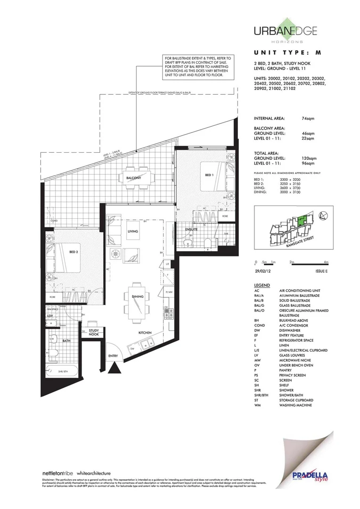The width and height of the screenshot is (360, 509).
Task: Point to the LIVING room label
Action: (132, 231)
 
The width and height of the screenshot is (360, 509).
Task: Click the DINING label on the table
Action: (138, 297)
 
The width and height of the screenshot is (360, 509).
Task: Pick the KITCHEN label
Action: (145, 332)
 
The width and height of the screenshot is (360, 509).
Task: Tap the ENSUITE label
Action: (191, 230)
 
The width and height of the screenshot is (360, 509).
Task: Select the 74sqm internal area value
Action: (308, 119)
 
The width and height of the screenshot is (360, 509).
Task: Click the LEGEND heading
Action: (262, 286)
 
